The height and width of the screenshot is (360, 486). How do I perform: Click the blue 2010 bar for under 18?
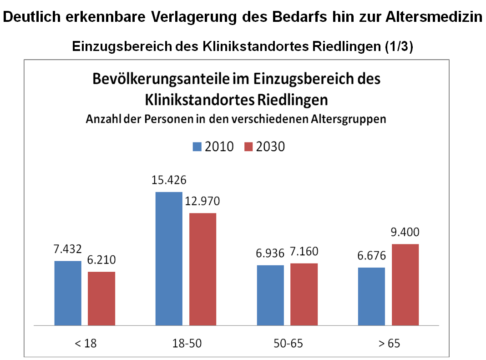tap(68, 293)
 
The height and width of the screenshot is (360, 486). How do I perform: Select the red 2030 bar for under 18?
tap(101, 299)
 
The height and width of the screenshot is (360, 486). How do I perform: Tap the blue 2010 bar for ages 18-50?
tap(169, 259)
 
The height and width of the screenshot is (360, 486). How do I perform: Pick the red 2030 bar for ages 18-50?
tap(202, 269)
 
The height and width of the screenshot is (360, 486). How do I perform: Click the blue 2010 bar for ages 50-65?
tap(270, 295)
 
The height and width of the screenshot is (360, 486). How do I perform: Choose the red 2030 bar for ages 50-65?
tap(304, 294)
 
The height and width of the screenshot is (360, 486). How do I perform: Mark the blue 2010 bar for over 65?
tap(371, 296)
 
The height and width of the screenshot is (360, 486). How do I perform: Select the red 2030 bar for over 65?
tap(405, 284)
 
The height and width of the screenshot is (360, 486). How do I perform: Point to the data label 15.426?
tap(169, 180)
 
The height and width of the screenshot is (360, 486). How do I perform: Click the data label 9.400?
tap(405, 233)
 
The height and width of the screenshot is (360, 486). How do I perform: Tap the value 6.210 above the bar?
tap(102, 260)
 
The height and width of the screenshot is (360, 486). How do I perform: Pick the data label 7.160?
tap(304, 252)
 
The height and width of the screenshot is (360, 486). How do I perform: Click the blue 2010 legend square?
tap(197, 147)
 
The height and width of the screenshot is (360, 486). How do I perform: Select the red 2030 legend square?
tap(248, 147)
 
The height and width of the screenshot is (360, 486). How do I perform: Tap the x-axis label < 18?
tap(85, 343)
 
